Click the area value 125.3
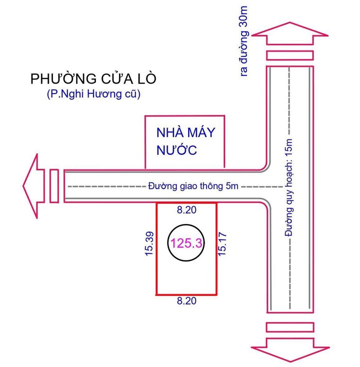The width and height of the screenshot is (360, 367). (x=186, y=243)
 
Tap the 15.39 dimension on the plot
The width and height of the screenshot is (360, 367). (x=149, y=244)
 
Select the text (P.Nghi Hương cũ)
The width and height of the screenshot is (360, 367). (x=90, y=94)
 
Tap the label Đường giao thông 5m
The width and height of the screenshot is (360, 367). (x=192, y=186)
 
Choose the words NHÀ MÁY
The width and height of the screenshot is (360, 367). (x=185, y=133)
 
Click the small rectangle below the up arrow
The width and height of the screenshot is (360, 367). (x=290, y=55)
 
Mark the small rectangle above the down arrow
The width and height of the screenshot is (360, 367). (x=290, y=327)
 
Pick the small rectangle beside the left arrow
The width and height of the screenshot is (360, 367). (x=54, y=186)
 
